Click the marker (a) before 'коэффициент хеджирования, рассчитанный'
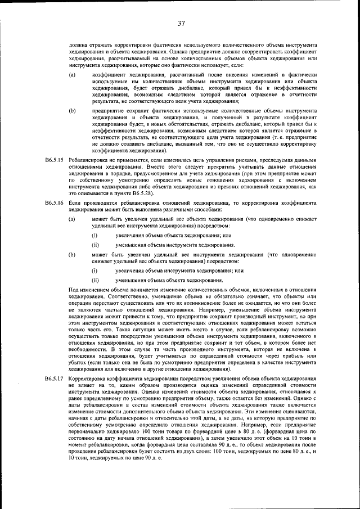[73, 75]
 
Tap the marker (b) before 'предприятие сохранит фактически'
[73, 111]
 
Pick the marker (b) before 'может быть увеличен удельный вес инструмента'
[73, 255]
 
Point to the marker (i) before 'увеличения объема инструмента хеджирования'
[95, 271]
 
